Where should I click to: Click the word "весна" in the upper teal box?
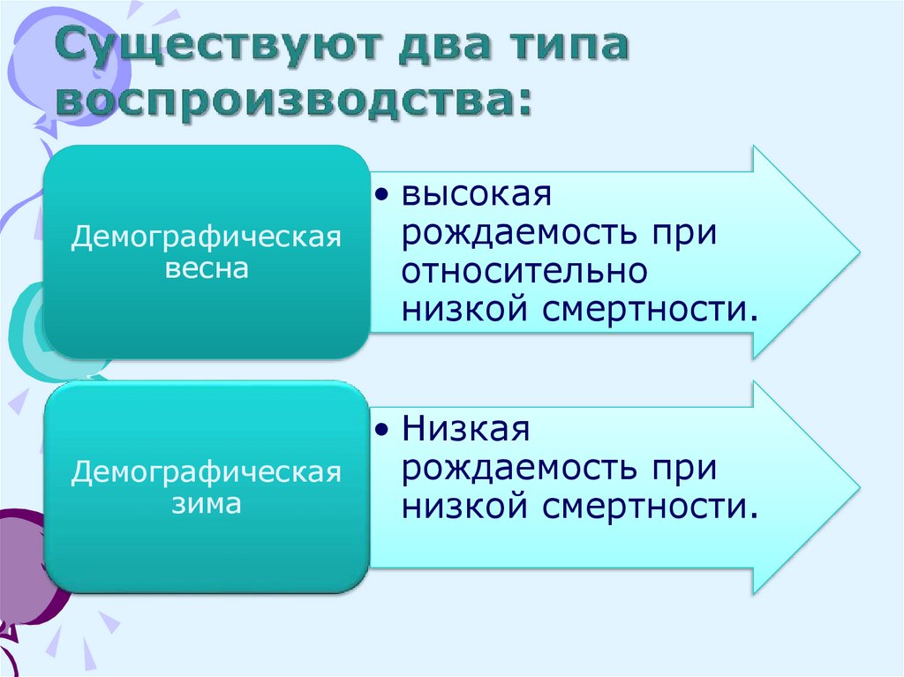207,269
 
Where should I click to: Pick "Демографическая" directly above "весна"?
207,238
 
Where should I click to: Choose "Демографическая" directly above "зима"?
207,472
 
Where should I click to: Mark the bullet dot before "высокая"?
380,195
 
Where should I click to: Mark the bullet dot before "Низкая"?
380,430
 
